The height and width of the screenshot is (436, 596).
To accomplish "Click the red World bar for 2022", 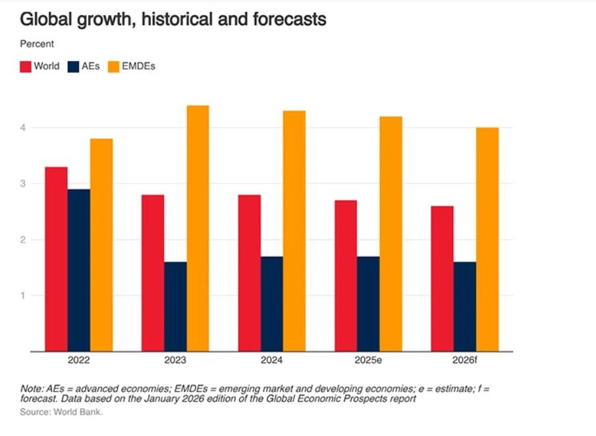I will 56,259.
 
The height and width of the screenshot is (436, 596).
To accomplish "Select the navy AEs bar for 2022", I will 79,270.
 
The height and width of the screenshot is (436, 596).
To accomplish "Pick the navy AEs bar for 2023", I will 175,306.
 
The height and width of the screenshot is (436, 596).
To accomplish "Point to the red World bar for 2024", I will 250,273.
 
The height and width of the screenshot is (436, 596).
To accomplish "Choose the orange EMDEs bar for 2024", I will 294,231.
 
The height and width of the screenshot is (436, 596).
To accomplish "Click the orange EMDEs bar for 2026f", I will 487,239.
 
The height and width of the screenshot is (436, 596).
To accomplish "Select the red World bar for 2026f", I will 442,279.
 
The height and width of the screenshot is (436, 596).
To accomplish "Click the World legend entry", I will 40,66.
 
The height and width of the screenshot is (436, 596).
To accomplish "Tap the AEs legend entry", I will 83,66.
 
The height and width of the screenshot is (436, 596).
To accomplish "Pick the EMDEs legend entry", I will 132,66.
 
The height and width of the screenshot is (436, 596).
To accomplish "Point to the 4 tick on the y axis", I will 22,128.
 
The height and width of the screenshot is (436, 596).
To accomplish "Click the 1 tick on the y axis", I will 22,295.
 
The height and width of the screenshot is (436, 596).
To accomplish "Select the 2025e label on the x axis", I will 368,360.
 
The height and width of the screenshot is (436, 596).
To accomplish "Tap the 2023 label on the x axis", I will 175,360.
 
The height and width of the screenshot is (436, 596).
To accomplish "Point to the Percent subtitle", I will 37,44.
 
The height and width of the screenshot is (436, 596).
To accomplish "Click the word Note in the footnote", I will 30,389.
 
